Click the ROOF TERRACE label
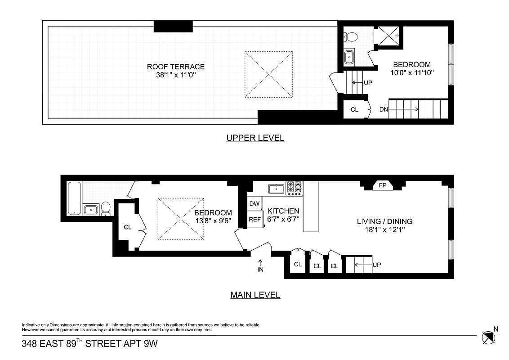coord(176,67)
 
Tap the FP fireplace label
coord(382,185)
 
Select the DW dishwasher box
coord(254,203)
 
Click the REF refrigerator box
coord(254,220)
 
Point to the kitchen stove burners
coord(295,188)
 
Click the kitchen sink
coord(275,188)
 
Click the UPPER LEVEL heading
coord(255,138)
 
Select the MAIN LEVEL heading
coord(255,295)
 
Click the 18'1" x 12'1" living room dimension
coord(384,229)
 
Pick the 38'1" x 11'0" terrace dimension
coord(176,75)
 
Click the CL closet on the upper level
coord(354,109)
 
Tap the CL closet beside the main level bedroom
coord(128,227)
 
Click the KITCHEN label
coord(283,211)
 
